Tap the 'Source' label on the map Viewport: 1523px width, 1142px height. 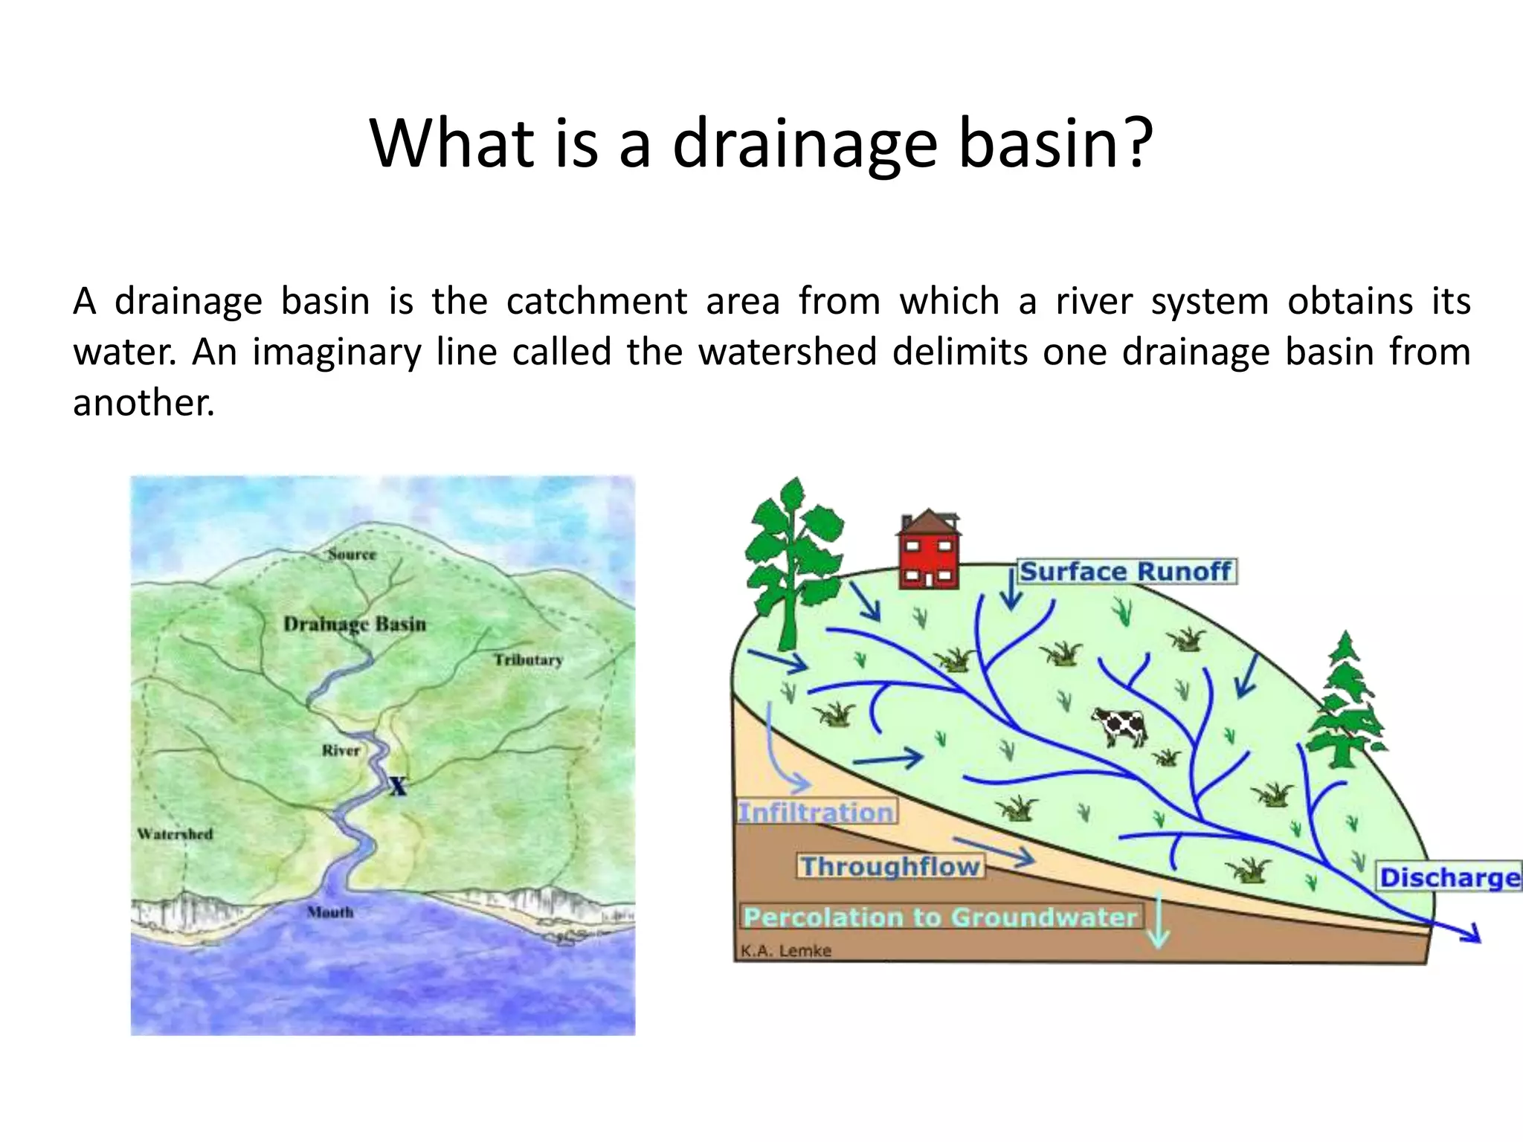click(352, 555)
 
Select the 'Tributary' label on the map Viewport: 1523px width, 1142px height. click(529, 660)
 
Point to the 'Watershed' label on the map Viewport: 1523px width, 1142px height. click(175, 834)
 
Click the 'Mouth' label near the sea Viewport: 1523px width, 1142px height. click(330, 912)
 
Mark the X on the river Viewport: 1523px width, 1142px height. click(399, 786)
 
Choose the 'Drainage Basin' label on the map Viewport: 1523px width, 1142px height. click(355, 624)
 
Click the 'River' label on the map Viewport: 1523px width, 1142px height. click(341, 751)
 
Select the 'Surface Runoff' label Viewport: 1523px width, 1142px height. click(1125, 572)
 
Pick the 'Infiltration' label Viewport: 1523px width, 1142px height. click(816, 812)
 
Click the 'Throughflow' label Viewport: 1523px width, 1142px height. click(890, 867)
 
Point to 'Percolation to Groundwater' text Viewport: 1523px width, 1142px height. click(940, 917)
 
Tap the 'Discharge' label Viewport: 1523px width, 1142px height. click(1449, 877)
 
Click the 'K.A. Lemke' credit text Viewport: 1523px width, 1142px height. click(785, 951)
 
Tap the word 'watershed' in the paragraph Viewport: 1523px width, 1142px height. click(788, 352)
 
